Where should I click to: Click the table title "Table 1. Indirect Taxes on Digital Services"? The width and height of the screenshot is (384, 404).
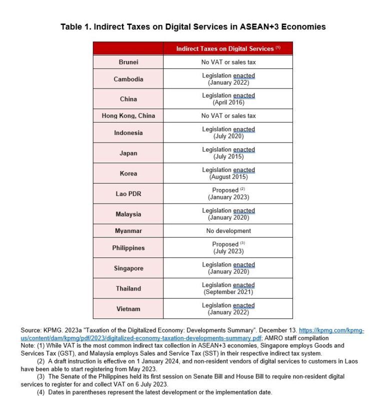193,26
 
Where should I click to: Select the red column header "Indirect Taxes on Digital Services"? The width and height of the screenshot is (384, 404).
228,48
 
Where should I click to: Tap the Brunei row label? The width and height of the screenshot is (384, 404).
128,62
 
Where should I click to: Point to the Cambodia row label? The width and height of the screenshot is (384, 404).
128,79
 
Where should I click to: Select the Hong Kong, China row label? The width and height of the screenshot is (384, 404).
128,115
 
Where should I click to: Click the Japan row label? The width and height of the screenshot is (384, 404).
128,153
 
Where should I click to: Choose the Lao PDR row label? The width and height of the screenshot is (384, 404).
128,193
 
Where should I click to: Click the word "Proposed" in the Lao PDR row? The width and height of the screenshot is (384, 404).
225,190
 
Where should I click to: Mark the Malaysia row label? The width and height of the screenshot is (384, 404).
128,214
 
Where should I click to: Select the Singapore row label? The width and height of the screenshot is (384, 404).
128,268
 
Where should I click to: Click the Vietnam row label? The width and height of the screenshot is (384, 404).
128,308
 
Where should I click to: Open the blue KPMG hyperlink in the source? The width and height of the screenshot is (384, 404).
150,338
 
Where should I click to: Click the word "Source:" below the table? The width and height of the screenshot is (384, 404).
33,331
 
